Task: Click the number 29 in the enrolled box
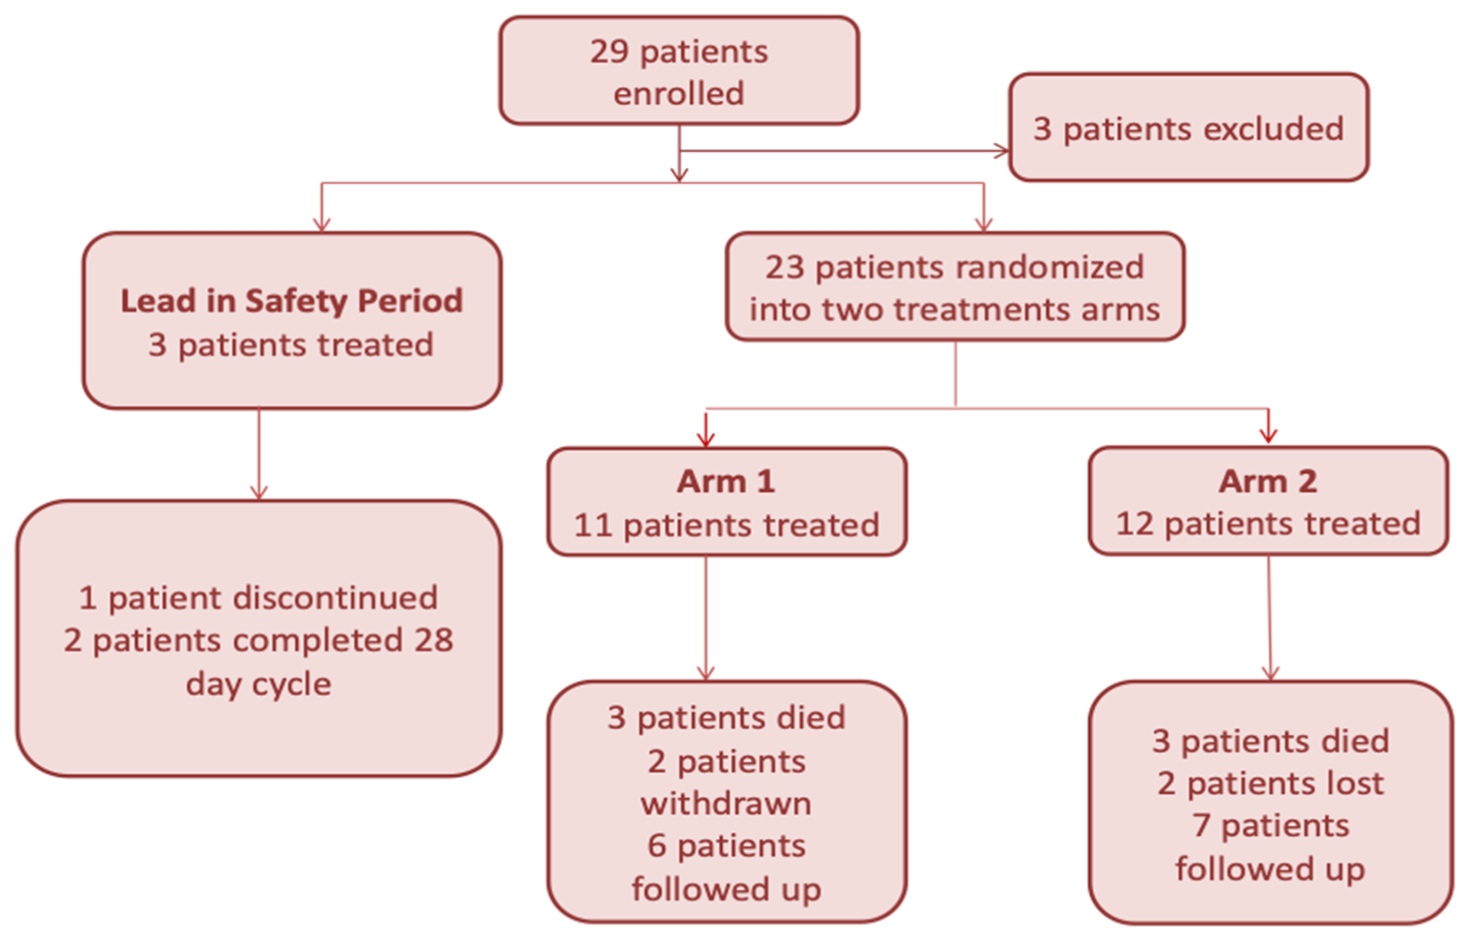(608, 52)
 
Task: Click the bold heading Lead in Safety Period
(291, 301)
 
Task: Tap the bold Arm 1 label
(726, 481)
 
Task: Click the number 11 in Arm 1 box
(592, 526)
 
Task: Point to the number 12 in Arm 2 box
(1134, 524)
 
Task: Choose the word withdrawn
(726, 804)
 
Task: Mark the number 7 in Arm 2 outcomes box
(1200, 826)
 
